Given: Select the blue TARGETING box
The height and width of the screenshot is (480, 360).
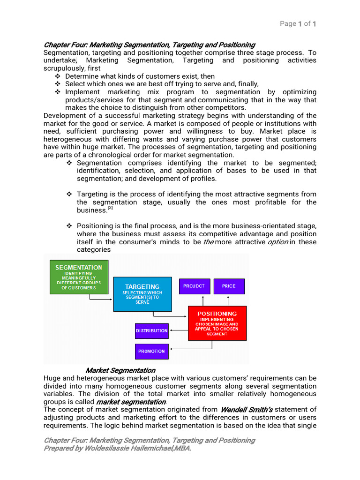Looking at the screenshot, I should (142, 293).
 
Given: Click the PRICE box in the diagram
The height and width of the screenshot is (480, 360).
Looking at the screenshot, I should (229, 286).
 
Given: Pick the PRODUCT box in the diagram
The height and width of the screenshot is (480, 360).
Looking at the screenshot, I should (194, 286).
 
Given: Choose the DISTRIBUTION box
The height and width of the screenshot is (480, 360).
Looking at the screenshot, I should (151, 331).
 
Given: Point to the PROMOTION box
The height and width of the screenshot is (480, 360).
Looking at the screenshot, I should (151, 351).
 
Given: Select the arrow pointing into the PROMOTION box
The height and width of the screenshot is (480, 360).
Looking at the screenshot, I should (178, 349).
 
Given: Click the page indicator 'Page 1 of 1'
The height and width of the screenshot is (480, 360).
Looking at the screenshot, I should (298, 24).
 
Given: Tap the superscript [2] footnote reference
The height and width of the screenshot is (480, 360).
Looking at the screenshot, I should (110, 208).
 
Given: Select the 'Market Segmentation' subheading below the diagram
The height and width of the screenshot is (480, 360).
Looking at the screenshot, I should (120, 370).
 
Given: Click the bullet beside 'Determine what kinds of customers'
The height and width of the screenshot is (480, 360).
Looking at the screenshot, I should (58, 76).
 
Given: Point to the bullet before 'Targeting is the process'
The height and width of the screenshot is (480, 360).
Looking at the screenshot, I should (69, 194).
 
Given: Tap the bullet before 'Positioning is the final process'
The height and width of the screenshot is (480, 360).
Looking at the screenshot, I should (69, 226).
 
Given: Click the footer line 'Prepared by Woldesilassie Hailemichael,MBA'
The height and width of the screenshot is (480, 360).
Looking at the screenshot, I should (117, 449).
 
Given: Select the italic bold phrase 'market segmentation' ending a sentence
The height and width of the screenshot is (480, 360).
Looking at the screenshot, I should (131, 402).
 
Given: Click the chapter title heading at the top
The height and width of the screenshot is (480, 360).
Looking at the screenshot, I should (149, 45).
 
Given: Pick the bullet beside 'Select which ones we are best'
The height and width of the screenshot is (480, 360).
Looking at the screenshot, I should (58, 84).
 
